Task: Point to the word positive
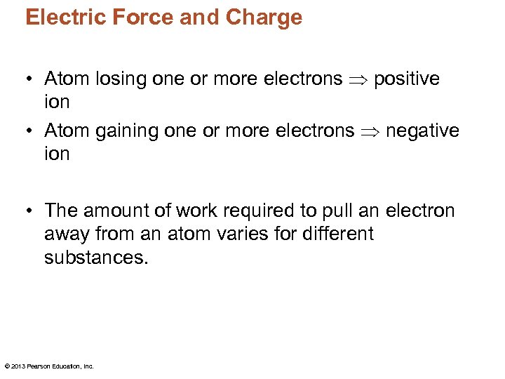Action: [x=407, y=79]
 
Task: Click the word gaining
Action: [x=124, y=131]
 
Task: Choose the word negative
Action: [x=423, y=131]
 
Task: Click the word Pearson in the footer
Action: [x=39, y=366]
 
